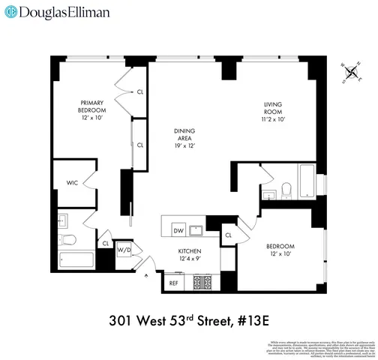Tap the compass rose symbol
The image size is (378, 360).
click(349, 73)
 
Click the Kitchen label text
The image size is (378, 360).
click(188, 256)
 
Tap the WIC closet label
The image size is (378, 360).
click(73, 182)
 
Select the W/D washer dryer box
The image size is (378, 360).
click(124, 250)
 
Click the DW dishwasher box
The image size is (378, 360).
click(178, 230)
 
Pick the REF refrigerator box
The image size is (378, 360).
click(173, 283)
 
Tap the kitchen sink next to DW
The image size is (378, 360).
click(196, 229)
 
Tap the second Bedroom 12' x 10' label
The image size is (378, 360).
click(280, 250)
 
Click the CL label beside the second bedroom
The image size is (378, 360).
click(228, 235)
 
